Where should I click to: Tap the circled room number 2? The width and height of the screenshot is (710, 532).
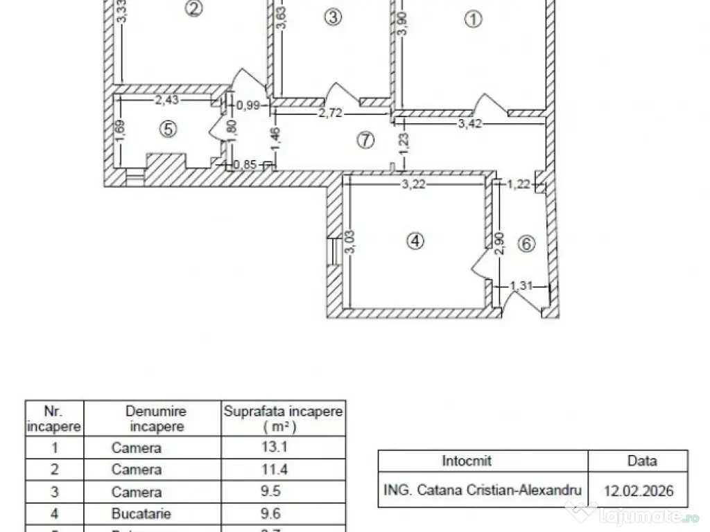194,8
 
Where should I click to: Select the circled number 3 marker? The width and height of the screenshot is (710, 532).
333,17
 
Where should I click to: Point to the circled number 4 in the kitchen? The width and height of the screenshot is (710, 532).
414,241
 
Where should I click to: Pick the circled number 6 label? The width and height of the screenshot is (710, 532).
527,244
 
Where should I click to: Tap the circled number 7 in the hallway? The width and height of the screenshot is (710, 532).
365,140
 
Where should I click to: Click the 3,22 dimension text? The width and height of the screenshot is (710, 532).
414,184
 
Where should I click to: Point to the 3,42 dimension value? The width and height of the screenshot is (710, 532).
469,125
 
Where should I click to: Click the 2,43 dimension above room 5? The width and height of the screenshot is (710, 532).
166,100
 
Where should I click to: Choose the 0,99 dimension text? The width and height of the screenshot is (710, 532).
248,105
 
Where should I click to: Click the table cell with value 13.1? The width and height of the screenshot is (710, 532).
283,447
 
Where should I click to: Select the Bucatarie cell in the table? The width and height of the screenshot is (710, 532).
137,514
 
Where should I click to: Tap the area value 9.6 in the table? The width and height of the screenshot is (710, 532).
283,514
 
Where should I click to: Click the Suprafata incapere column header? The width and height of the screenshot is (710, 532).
283,418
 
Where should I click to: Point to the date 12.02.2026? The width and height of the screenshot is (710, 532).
638,491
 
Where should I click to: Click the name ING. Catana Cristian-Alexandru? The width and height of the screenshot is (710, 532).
483,490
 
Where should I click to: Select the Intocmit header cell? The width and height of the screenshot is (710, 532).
466,461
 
